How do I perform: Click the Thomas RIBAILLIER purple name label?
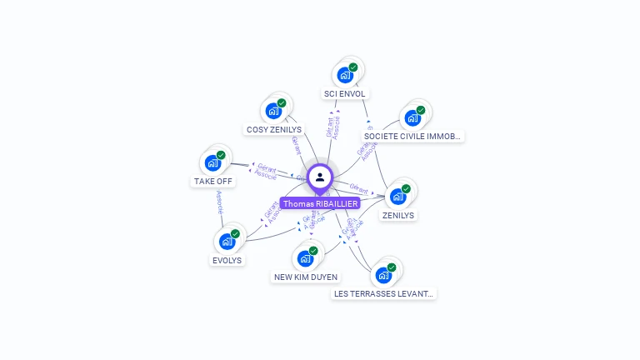pos(320,203)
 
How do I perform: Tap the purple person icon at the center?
pos(320,177)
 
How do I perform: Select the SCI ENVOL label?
pos(345,94)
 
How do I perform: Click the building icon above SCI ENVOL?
pos(344,76)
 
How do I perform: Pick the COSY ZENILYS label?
pos(274,130)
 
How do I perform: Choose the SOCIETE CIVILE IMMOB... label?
pos(413,136)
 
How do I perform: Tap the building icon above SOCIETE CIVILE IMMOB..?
pos(412,117)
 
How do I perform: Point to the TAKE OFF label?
pos(213,181)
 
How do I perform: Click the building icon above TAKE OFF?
pos(212,162)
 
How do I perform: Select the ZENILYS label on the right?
pos(398,215)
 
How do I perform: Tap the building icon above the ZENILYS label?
pos(397,197)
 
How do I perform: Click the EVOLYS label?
pos(227,260)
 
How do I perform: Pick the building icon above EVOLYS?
pos(226,242)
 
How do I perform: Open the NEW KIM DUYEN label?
pos(306,277)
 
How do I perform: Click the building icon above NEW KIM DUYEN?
pos(305,258)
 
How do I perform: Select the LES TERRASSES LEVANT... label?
pos(384,293)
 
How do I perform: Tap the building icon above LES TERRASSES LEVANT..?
pos(383,275)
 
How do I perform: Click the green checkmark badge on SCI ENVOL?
pos(353,67)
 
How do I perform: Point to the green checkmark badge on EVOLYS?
pos(235,233)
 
